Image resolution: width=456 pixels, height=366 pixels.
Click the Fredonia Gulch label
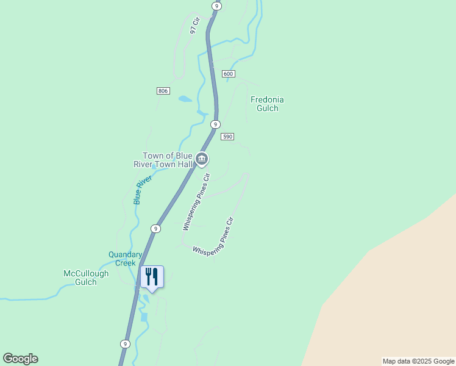(267, 104)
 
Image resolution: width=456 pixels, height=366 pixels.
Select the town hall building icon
(202, 160)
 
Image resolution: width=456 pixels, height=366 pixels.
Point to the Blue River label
(142, 190)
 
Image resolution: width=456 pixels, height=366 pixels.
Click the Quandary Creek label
(126, 259)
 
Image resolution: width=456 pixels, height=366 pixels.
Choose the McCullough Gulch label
(86, 278)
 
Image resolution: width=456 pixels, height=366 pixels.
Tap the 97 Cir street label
(195, 25)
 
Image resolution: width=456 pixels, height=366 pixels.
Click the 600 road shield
(228, 74)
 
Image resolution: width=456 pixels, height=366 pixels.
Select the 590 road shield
(227, 137)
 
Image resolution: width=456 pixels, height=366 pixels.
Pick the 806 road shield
(162, 91)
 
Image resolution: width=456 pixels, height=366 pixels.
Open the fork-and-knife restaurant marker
(152, 276)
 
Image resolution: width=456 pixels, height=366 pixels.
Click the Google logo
(20, 359)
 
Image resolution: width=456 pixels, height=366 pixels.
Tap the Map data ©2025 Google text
(418, 361)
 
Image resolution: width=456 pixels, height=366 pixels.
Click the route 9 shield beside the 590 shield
(215, 124)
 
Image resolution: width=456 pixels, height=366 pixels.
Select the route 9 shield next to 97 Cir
(216, 5)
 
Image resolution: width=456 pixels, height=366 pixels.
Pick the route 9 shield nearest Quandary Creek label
(156, 229)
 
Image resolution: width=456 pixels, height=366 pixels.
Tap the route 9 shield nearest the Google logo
(125, 343)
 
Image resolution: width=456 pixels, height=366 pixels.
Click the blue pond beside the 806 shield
(185, 99)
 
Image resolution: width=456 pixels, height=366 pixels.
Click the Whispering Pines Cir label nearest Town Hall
(196, 202)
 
